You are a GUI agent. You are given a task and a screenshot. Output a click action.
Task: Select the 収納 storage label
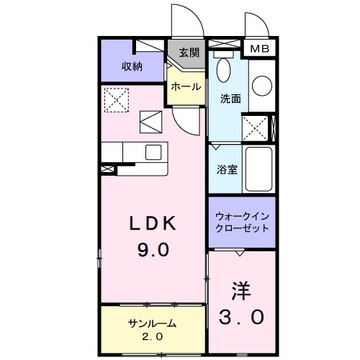point(132,67)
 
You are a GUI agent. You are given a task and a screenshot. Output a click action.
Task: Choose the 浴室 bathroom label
point(227,170)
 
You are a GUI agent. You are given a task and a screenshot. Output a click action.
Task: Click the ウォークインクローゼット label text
point(242,221)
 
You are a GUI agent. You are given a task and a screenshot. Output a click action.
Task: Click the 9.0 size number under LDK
point(153,250)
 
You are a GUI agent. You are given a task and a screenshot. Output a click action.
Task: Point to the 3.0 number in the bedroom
point(242,316)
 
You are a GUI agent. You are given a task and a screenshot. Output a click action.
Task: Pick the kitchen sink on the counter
point(153,153)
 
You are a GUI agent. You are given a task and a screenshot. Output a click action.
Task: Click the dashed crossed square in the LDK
point(115,99)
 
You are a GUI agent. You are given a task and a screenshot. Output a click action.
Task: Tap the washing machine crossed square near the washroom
point(255,127)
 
